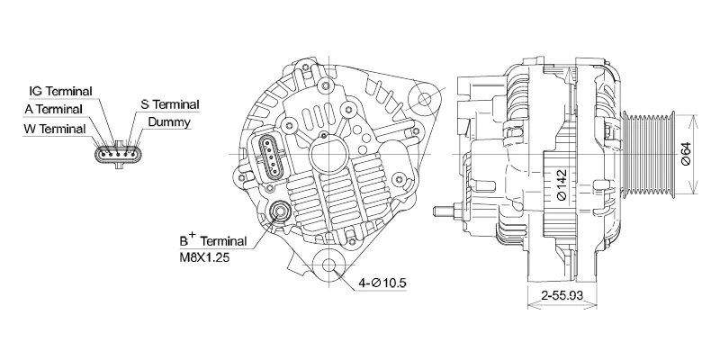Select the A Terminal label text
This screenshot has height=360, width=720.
(x=52, y=109)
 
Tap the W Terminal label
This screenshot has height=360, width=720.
(x=55, y=129)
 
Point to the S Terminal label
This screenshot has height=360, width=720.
(x=170, y=104)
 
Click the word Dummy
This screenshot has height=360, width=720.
(x=168, y=121)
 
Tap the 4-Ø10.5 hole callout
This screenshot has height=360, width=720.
(x=382, y=284)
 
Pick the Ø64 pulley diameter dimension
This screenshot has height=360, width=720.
(x=686, y=154)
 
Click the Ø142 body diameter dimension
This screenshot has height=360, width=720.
(x=561, y=185)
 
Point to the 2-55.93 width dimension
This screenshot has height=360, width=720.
(x=562, y=295)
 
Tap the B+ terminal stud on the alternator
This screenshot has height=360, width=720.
(x=279, y=213)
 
